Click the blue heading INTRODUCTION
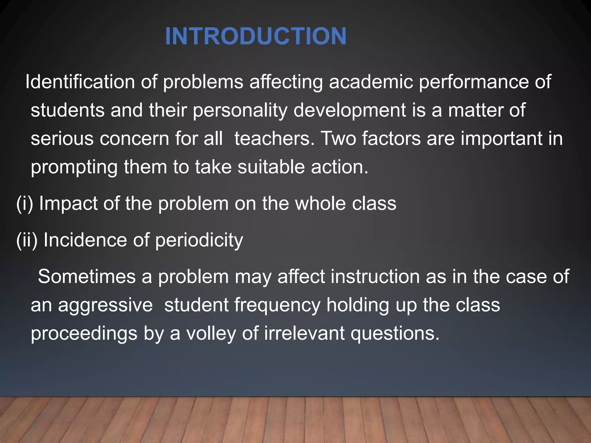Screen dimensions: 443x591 (x=256, y=36)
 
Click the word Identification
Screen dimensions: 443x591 (x=80, y=82)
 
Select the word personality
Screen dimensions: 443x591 (x=240, y=111)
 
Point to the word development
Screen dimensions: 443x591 (x=350, y=111)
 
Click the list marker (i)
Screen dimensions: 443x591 (x=25, y=204)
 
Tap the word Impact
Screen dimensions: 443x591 (x=68, y=204)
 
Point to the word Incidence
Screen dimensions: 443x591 (x=85, y=240)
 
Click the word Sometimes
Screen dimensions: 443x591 (x=87, y=277)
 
